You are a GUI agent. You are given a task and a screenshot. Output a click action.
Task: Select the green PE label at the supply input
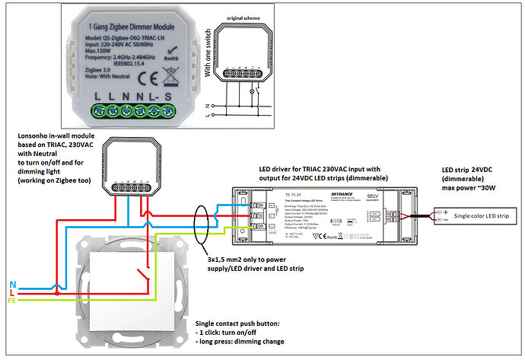click(14, 300)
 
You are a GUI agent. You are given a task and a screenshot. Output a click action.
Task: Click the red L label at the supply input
click(13, 291)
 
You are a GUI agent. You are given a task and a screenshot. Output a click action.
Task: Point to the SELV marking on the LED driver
click(373, 196)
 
